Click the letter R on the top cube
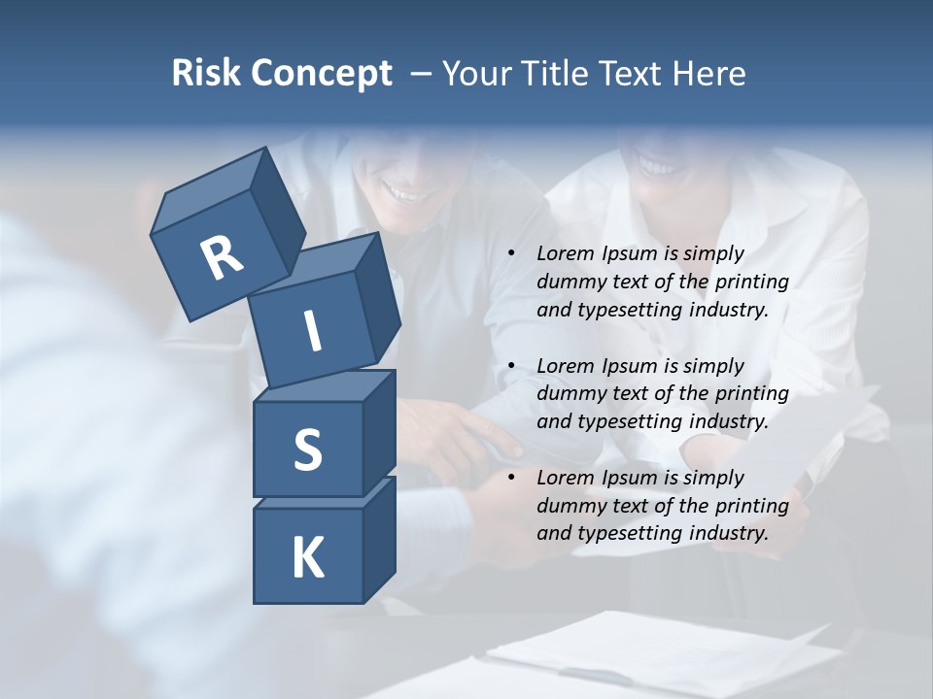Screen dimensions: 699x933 point(222,258)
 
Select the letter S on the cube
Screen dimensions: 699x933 point(307,449)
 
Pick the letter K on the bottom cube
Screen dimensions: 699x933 point(307,557)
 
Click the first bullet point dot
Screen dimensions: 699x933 point(511,254)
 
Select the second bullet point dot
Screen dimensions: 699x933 point(511,366)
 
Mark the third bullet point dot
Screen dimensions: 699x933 point(511,478)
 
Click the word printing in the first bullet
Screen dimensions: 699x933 point(751,283)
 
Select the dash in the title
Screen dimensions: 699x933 point(422,74)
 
